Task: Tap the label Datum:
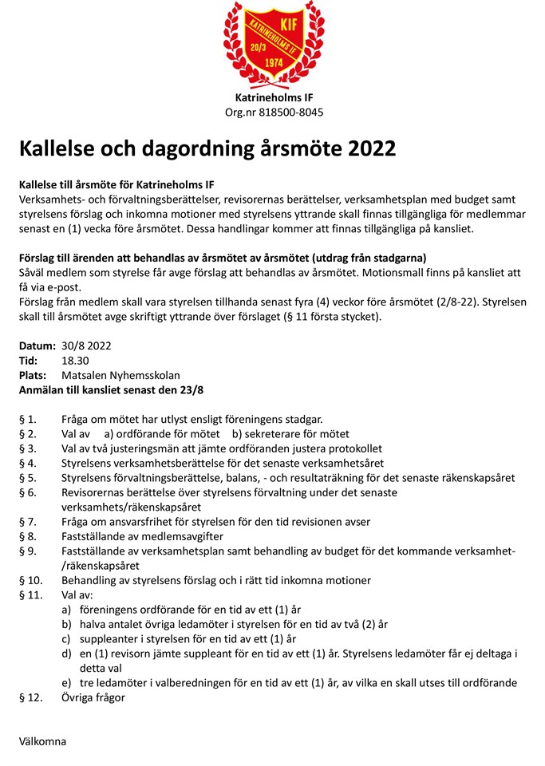[37, 346]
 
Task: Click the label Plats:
[33, 375]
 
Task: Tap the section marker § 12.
[30, 697]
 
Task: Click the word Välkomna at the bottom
[42, 741]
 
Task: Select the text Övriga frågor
[93, 697]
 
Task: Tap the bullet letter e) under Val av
[68, 682]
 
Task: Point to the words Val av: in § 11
[77, 594]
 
